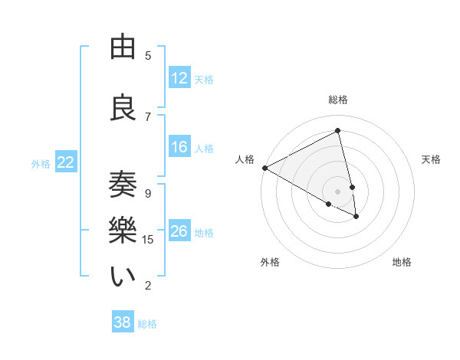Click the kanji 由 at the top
click(123, 47)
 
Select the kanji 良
click(123, 108)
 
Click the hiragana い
click(123, 277)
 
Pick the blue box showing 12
click(179, 78)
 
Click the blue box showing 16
click(179, 148)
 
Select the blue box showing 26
click(179, 231)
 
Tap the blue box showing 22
click(66, 162)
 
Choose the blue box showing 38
click(123, 322)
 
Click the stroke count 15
click(148, 240)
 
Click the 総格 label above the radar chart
click(338, 100)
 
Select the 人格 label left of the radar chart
click(245, 159)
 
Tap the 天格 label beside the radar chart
click(432, 159)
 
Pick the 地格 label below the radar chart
click(402, 262)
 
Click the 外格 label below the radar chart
click(270, 262)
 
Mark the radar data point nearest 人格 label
click(264, 168)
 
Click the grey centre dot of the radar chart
click(337, 191)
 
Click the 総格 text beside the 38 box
click(147, 324)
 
